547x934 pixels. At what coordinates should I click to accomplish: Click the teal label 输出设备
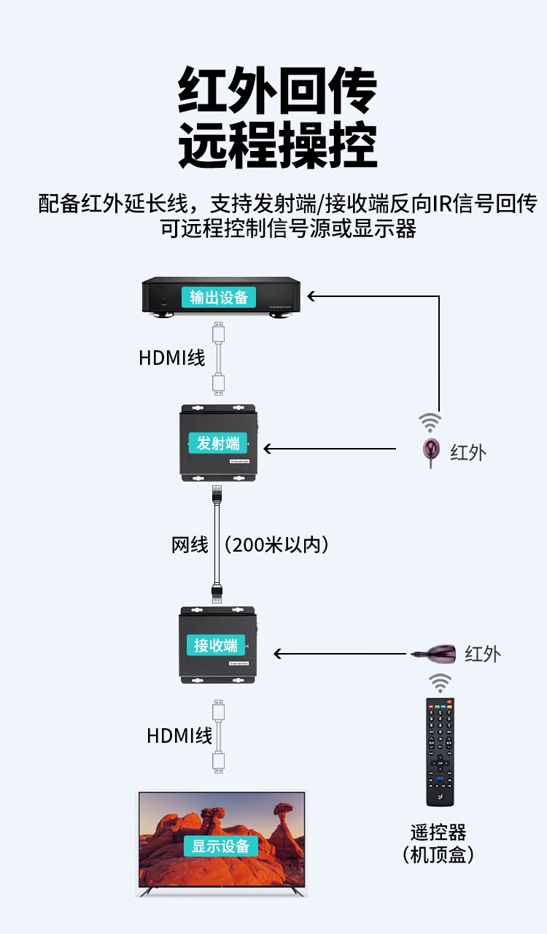coord(219,297)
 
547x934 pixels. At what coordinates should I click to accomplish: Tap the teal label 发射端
coord(218,443)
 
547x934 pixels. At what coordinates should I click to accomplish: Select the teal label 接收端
coord(216,645)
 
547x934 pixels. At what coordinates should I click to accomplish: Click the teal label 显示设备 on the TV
coord(221,846)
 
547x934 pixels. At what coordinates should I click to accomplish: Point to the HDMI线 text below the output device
coord(171,358)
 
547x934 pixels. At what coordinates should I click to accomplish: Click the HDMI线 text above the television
coord(179,736)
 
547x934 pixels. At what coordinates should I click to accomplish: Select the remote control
coord(440,752)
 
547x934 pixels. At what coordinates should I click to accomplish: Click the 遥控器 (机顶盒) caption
coord(438,843)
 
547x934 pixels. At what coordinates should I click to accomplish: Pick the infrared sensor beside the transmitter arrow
coord(431,451)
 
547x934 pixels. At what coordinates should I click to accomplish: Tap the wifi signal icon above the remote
coord(439,683)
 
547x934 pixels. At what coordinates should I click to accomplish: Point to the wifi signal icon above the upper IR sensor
coord(430,422)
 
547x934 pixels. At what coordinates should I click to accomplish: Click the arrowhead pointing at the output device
coord(311,296)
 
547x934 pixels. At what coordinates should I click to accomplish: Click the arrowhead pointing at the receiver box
coord(278,654)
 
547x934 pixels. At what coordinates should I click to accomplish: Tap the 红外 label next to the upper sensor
coord(468,452)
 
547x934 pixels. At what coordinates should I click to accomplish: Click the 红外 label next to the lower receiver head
coord(483,654)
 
